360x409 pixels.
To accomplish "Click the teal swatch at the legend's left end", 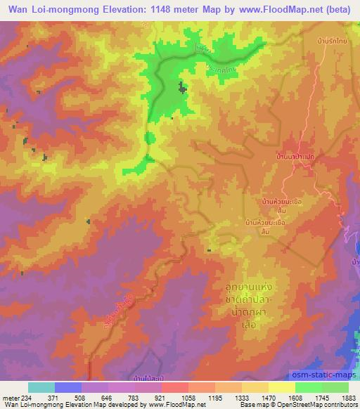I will pyautogui.click(x=41, y=387).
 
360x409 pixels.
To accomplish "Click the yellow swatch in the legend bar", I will pyautogui.click(x=281, y=387).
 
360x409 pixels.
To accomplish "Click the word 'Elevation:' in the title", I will pyautogui.click(x=115, y=6).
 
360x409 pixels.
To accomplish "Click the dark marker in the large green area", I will pyautogui.click(x=183, y=88).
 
